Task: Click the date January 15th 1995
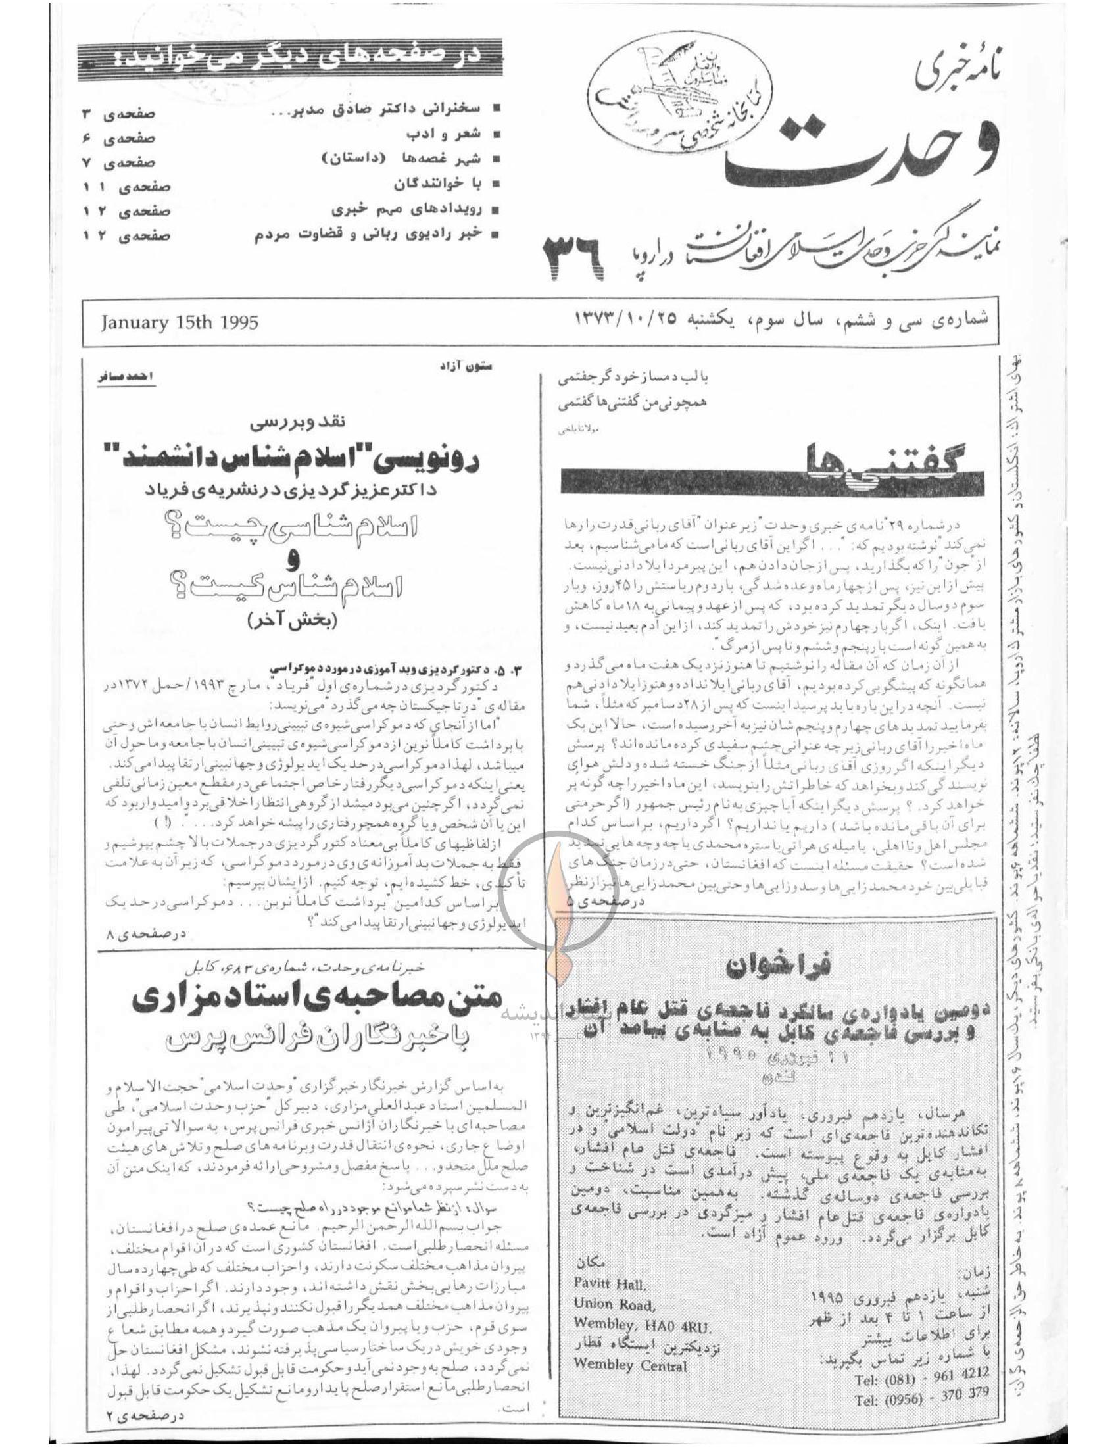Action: (180, 323)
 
